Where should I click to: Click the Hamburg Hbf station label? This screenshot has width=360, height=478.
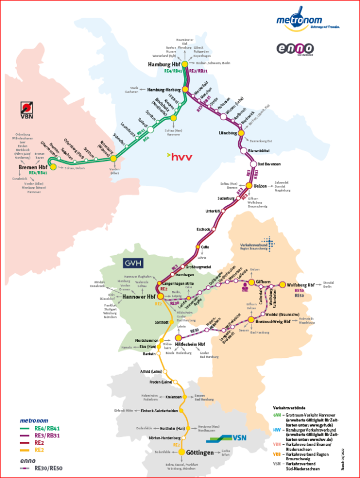point(164,65)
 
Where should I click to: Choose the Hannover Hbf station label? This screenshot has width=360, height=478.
point(139,297)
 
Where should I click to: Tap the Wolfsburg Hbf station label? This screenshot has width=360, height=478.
point(301,284)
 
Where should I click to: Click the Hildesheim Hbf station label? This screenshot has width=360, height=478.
point(189,338)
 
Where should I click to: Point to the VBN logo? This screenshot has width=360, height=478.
point(26,110)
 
